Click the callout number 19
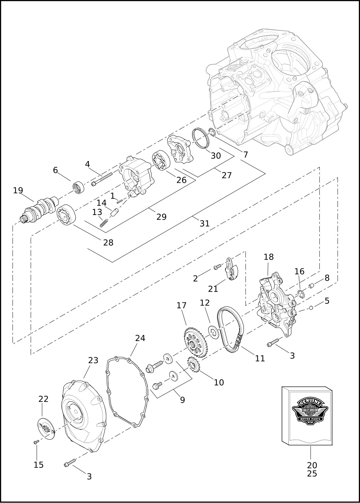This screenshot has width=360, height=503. [x=18, y=190]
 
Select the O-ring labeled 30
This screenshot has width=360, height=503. [x=201, y=139]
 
